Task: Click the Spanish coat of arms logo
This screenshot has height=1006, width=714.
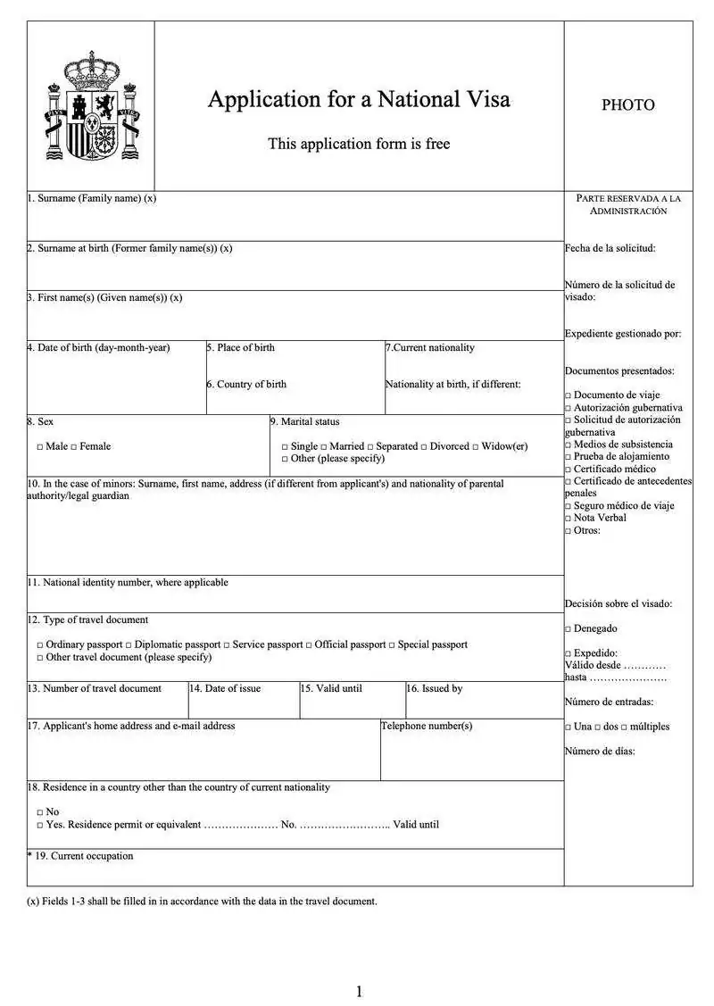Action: click(92, 105)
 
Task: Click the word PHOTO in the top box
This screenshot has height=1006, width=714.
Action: click(627, 105)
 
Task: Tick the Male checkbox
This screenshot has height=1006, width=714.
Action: click(40, 446)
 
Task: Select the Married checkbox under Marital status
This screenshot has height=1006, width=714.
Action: click(324, 446)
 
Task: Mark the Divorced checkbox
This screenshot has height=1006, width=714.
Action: click(424, 446)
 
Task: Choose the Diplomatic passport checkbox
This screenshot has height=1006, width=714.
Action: click(129, 645)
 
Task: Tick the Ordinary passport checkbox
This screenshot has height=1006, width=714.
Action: click(40, 645)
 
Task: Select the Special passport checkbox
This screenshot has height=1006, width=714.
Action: click(392, 645)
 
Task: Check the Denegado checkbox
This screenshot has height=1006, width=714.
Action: click(568, 629)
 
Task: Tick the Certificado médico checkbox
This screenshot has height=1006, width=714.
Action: click(568, 470)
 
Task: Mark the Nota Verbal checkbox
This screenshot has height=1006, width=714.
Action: click(568, 519)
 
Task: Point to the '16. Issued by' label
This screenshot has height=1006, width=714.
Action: click(435, 689)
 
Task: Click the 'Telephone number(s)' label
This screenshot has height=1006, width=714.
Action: click(427, 727)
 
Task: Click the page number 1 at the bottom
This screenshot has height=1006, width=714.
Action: click(359, 991)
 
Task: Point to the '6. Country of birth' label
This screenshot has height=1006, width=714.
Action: click(247, 385)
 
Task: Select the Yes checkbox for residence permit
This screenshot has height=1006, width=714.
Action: click(40, 826)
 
